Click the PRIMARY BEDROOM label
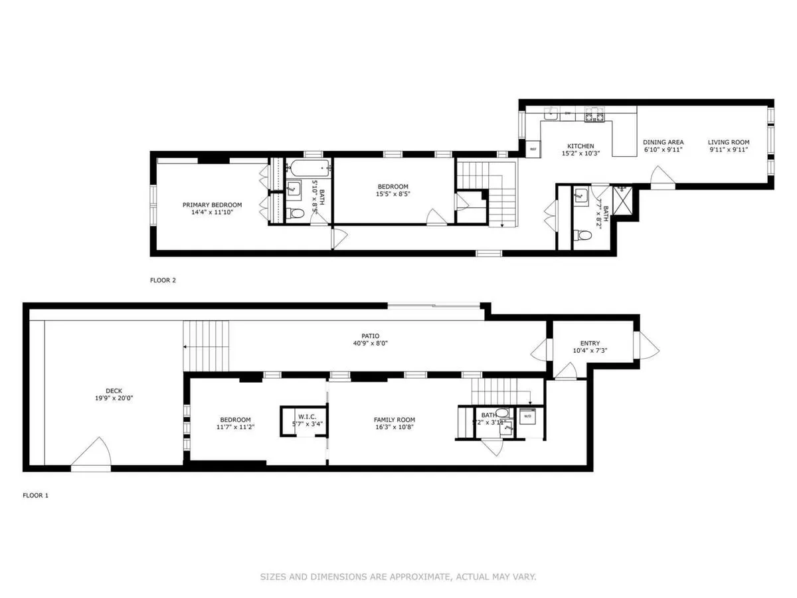click(x=212, y=205)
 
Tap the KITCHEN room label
click(x=580, y=146)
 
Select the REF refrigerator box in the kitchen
click(x=532, y=149)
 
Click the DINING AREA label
click(x=663, y=142)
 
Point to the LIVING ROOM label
click(x=728, y=142)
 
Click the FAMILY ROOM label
click(x=394, y=419)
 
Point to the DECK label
click(x=114, y=391)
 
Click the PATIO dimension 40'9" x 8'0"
click(x=371, y=344)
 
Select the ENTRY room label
click(x=590, y=343)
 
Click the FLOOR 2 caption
click(x=163, y=280)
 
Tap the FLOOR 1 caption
click(x=36, y=495)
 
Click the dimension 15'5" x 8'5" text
click(x=393, y=195)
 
